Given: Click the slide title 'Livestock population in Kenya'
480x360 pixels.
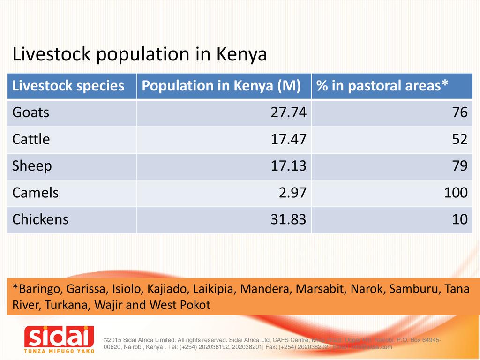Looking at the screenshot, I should point(140,55).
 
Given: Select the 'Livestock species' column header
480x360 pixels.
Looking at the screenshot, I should point(68,86).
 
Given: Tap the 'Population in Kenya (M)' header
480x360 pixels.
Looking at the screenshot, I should point(221,86).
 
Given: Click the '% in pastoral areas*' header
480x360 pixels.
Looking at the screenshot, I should point(382,86).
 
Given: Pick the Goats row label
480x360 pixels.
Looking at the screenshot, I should point(30,112).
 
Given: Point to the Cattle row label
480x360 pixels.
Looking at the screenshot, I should point(31,139).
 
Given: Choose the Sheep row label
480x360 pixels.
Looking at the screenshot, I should point(32,166).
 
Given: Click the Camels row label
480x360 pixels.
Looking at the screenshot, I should point(35,193).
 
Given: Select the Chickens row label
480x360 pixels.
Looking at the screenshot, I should point(40,219).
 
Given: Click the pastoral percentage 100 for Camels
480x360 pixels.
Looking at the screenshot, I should point(456,193).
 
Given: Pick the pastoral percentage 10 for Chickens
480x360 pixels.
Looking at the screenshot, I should point(460,219).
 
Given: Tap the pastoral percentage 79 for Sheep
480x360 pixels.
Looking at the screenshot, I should point(460,166).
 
